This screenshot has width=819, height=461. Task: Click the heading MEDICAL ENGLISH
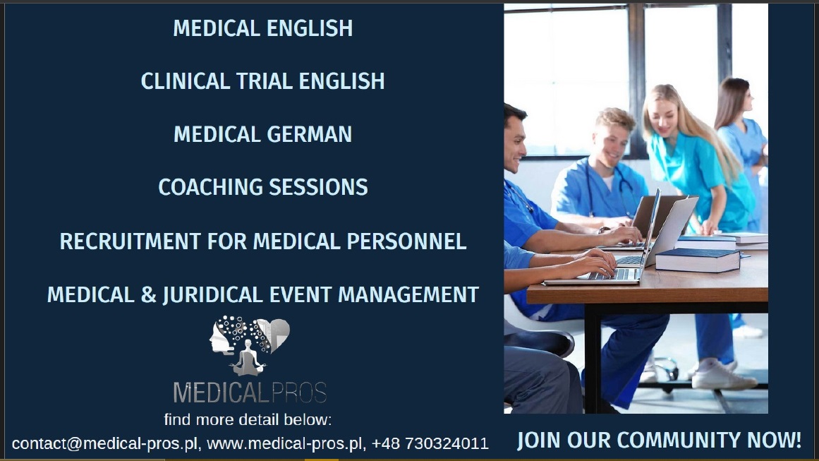(x=262, y=28)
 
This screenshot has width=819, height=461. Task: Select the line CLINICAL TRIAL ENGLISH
(x=262, y=81)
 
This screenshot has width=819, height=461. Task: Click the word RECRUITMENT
(x=130, y=241)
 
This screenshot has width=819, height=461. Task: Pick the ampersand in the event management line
(x=148, y=295)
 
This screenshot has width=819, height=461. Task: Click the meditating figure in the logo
(x=248, y=358)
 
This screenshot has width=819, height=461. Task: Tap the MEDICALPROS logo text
(x=250, y=393)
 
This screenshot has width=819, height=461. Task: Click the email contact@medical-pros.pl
(x=105, y=444)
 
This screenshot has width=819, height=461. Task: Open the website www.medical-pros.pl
(x=285, y=444)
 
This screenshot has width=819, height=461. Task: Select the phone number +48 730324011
(x=430, y=444)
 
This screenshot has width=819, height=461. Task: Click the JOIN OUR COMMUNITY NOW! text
(x=659, y=440)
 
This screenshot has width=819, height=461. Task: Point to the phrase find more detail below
(x=248, y=420)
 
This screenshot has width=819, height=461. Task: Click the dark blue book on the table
(x=697, y=259)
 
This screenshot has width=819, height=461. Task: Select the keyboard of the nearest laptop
(x=613, y=274)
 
